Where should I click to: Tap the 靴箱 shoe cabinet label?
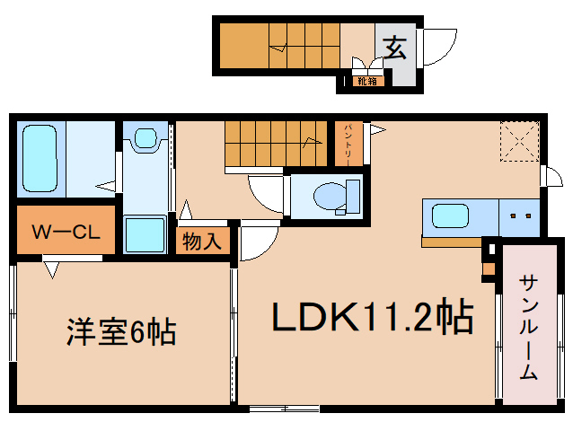pos(366,82)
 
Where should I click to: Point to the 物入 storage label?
pos(202,241)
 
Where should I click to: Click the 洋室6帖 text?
pos(119,333)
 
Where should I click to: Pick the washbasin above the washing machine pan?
pos(145,139)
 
